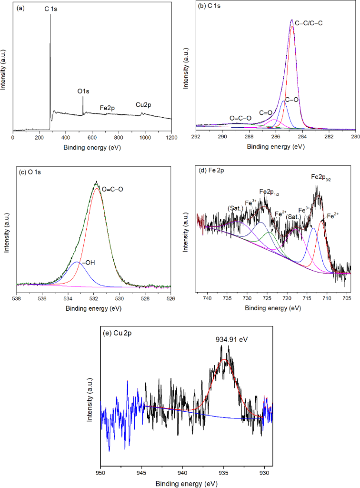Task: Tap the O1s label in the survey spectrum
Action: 83,90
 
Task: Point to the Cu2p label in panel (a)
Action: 144,104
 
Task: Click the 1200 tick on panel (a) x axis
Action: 171,137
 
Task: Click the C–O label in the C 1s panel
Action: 291,100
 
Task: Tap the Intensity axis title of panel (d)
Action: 187,234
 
